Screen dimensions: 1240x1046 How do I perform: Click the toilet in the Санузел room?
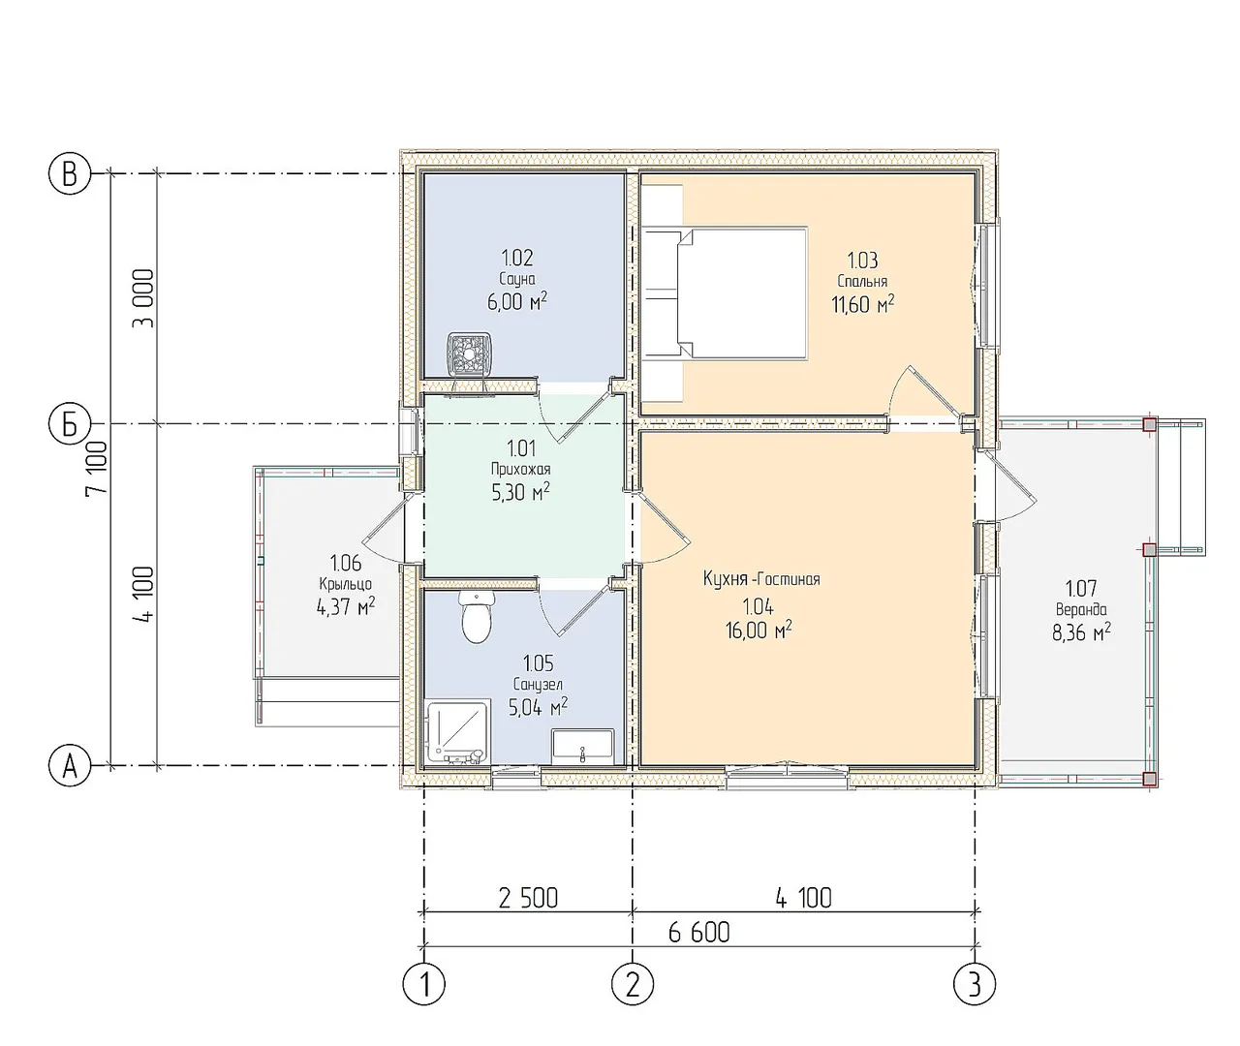tap(477, 617)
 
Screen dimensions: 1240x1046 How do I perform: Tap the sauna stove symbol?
tap(469, 355)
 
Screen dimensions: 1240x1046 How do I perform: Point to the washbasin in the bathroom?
tap(582, 747)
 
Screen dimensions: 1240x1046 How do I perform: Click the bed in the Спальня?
tap(726, 293)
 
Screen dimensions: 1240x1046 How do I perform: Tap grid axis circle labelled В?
tap(70, 174)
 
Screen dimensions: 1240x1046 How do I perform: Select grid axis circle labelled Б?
tap(70, 424)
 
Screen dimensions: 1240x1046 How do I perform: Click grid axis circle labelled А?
tap(70, 766)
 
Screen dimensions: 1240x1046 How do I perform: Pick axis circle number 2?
tap(633, 984)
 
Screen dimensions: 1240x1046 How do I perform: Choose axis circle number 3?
tap(975, 984)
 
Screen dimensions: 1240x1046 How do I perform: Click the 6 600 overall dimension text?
tap(699, 933)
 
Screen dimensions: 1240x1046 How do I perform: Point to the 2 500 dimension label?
tap(529, 899)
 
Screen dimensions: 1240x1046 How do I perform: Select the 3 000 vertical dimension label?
tap(143, 298)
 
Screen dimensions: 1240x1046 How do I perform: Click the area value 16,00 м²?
tap(759, 630)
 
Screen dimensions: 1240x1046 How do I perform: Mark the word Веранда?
tap(1081, 609)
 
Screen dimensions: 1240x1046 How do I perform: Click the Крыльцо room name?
tap(346, 584)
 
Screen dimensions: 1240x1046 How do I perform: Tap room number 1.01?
tap(521, 447)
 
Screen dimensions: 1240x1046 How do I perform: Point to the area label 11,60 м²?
tap(863, 304)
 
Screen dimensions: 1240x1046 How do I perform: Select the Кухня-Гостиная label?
tap(761, 579)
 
